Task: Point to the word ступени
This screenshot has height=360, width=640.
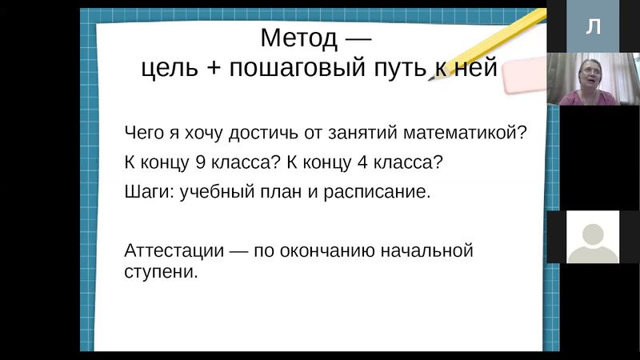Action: tap(160, 271)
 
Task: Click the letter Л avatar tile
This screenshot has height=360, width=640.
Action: tap(593, 26)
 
